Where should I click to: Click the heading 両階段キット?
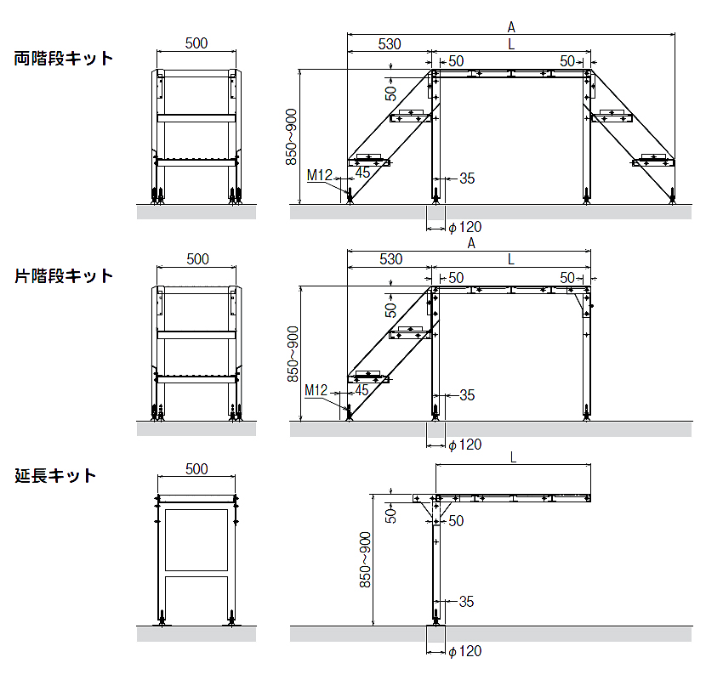pyautogui.click(x=64, y=59)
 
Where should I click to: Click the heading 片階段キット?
pyautogui.click(x=64, y=276)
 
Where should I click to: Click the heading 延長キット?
pyautogui.click(x=55, y=476)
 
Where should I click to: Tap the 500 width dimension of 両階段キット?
pyautogui.click(x=196, y=43)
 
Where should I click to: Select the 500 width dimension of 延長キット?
pyautogui.click(x=196, y=469)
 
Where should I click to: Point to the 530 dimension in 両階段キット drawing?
pyautogui.click(x=390, y=43)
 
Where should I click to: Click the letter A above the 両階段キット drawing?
pyautogui.click(x=511, y=26)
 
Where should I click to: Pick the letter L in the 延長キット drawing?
pyautogui.click(x=513, y=456)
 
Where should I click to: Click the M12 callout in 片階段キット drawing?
pyautogui.click(x=316, y=390)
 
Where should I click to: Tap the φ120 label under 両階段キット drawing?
pyautogui.click(x=465, y=227)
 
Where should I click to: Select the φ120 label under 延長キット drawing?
pyautogui.click(x=465, y=651)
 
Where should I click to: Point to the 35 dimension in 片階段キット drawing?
pyautogui.click(x=466, y=395)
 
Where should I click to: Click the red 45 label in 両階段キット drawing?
pyautogui.click(x=362, y=173)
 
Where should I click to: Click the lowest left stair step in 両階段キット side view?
pyautogui.click(x=369, y=160)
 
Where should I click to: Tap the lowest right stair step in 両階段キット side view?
pyautogui.click(x=654, y=160)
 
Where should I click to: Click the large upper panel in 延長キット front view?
pyautogui.click(x=196, y=540)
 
